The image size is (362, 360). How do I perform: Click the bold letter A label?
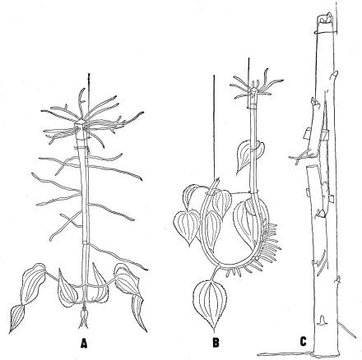point(84,343)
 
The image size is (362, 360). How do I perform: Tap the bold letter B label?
point(216,342)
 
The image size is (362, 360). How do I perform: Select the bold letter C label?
point(303,342)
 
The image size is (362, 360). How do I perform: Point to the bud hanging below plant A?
point(83,319)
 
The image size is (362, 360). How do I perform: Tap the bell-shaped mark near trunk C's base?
point(323,320)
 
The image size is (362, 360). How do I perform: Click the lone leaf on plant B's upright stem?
point(248,155)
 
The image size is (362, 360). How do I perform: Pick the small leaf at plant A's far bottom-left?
point(17,318)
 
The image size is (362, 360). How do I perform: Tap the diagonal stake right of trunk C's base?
point(348,330)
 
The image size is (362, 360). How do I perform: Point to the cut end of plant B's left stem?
point(216,180)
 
